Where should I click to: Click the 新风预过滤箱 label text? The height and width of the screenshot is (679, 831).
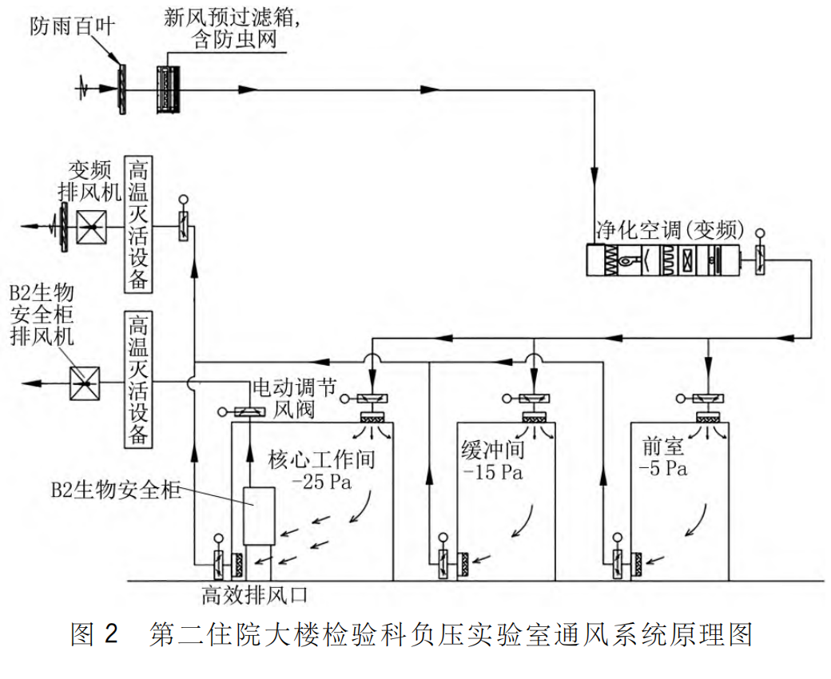(x=225, y=18)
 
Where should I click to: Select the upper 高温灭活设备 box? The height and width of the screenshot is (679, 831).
(x=139, y=223)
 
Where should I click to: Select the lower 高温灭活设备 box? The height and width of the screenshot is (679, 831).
(x=139, y=379)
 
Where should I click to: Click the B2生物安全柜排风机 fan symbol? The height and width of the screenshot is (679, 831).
(x=83, y=384)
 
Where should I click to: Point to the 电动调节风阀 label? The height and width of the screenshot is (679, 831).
(x=285, y=397)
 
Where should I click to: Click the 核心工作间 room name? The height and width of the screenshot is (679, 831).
(x=321, y=461)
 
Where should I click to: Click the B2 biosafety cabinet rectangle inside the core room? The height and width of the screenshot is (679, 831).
(x=258, y=514)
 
